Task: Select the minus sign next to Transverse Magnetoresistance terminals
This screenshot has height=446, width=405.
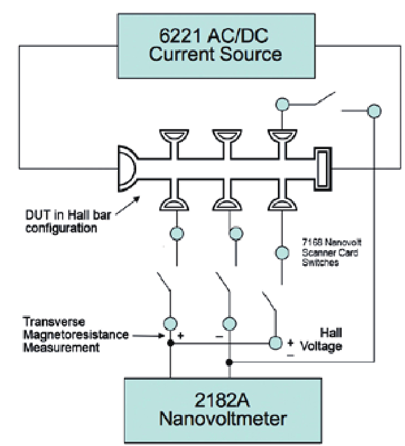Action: (217, 335)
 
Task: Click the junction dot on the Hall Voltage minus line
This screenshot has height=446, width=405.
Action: (229, 363)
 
